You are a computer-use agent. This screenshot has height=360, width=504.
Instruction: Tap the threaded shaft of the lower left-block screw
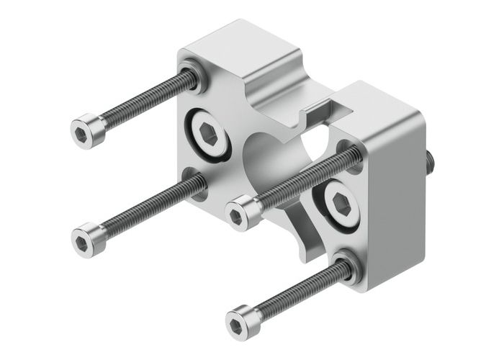coord(144,209)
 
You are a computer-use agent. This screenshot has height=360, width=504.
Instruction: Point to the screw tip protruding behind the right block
coord(430,161)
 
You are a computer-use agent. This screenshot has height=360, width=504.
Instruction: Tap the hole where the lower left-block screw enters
coord(194,184)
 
